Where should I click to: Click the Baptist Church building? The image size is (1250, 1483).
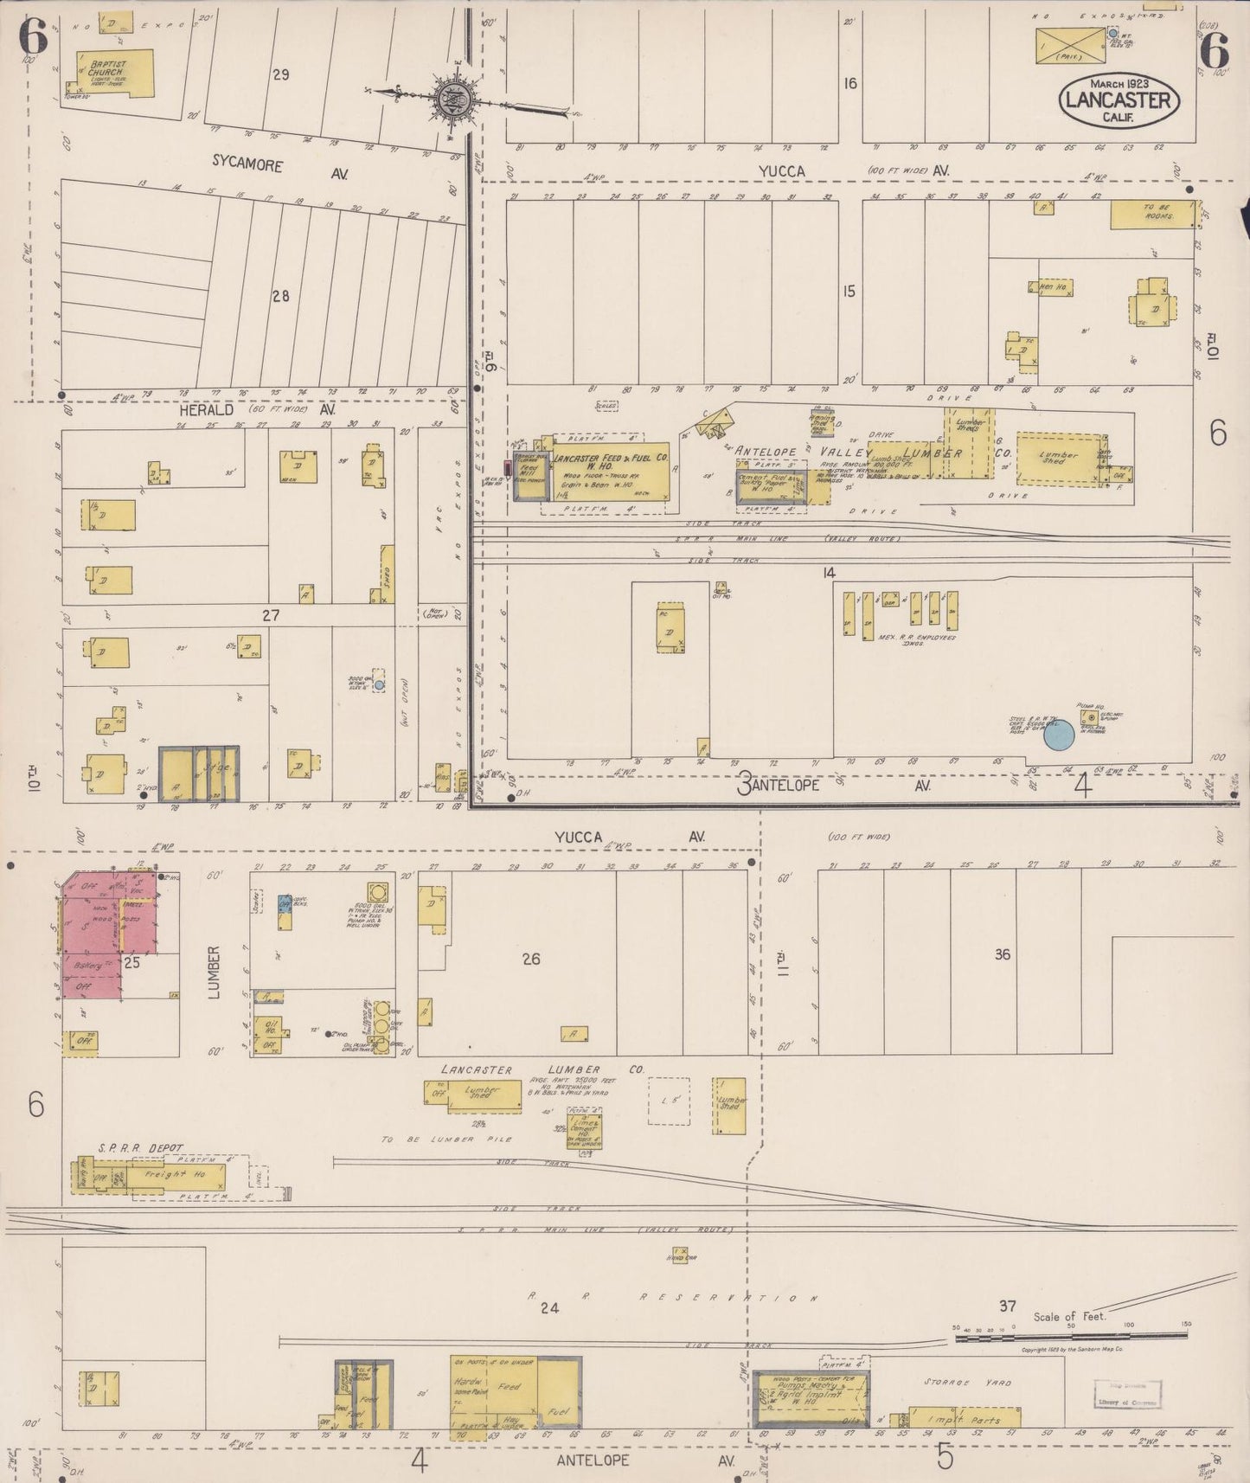[120, 73]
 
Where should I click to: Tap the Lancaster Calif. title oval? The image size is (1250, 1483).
[1119, 100]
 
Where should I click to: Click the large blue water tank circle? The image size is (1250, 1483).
[1059, 735]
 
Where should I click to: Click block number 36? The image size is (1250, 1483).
[1002, 954]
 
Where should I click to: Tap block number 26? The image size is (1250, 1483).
[531, 958]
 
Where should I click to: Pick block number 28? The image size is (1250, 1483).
[279, 296]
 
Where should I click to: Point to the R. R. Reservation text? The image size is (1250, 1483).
[675, 1297]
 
